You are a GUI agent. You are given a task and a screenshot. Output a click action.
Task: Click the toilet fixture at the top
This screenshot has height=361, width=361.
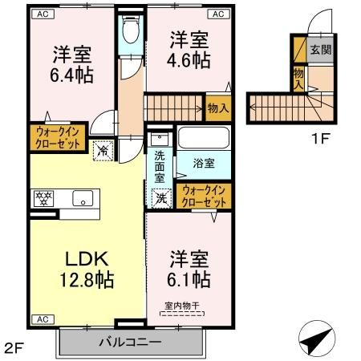click(x=131, y=32)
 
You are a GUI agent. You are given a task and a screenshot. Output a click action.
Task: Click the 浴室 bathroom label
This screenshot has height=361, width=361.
click(x=205, y=164)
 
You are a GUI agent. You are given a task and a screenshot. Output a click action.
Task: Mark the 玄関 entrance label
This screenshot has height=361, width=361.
click(x=319, y=50)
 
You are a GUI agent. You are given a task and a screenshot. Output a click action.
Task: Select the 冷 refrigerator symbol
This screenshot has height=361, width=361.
click(x=104, y=148)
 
